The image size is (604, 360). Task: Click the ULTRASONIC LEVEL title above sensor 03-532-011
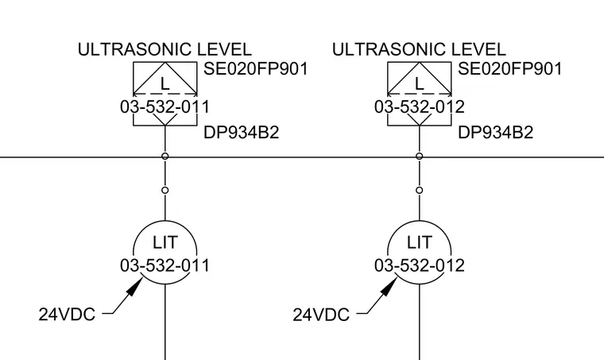click(x=165, y=49)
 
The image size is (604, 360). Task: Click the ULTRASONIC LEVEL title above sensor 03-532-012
click(x=419, y=49)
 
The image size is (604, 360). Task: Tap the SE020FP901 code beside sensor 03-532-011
click(x=256, y=69)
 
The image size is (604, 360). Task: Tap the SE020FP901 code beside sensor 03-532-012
click(x=510, y=69)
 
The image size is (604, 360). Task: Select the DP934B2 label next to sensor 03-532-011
click(x=241, y=133)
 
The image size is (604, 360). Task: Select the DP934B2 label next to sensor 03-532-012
click(x=495, y=133)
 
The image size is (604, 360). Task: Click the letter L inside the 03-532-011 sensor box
click(x=165, y=84)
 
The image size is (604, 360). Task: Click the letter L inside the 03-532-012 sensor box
click(x=419, y=84)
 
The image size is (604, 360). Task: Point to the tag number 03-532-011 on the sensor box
click(x=165, y=106)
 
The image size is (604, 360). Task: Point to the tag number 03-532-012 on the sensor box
click(x=420, y=106)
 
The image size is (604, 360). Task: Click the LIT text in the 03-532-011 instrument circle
click(x=165, y=242)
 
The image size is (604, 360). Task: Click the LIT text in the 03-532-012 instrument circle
click(x=419, y=242)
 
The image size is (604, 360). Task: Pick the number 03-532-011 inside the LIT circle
click(x=165, y=265)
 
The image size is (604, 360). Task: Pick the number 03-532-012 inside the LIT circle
click(x=420, y=265)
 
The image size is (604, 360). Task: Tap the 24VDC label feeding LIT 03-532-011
click(x=67, y=315)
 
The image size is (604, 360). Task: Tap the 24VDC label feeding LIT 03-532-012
click(x=321, y=315)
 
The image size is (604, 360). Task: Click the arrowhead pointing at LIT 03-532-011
click(x=135, y=286)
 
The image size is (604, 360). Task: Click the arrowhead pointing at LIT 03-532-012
click(x=389, y=286)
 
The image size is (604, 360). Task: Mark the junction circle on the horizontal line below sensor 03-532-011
click(x=165, y=157)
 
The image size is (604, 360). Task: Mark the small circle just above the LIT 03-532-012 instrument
click(x=420, y=190)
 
